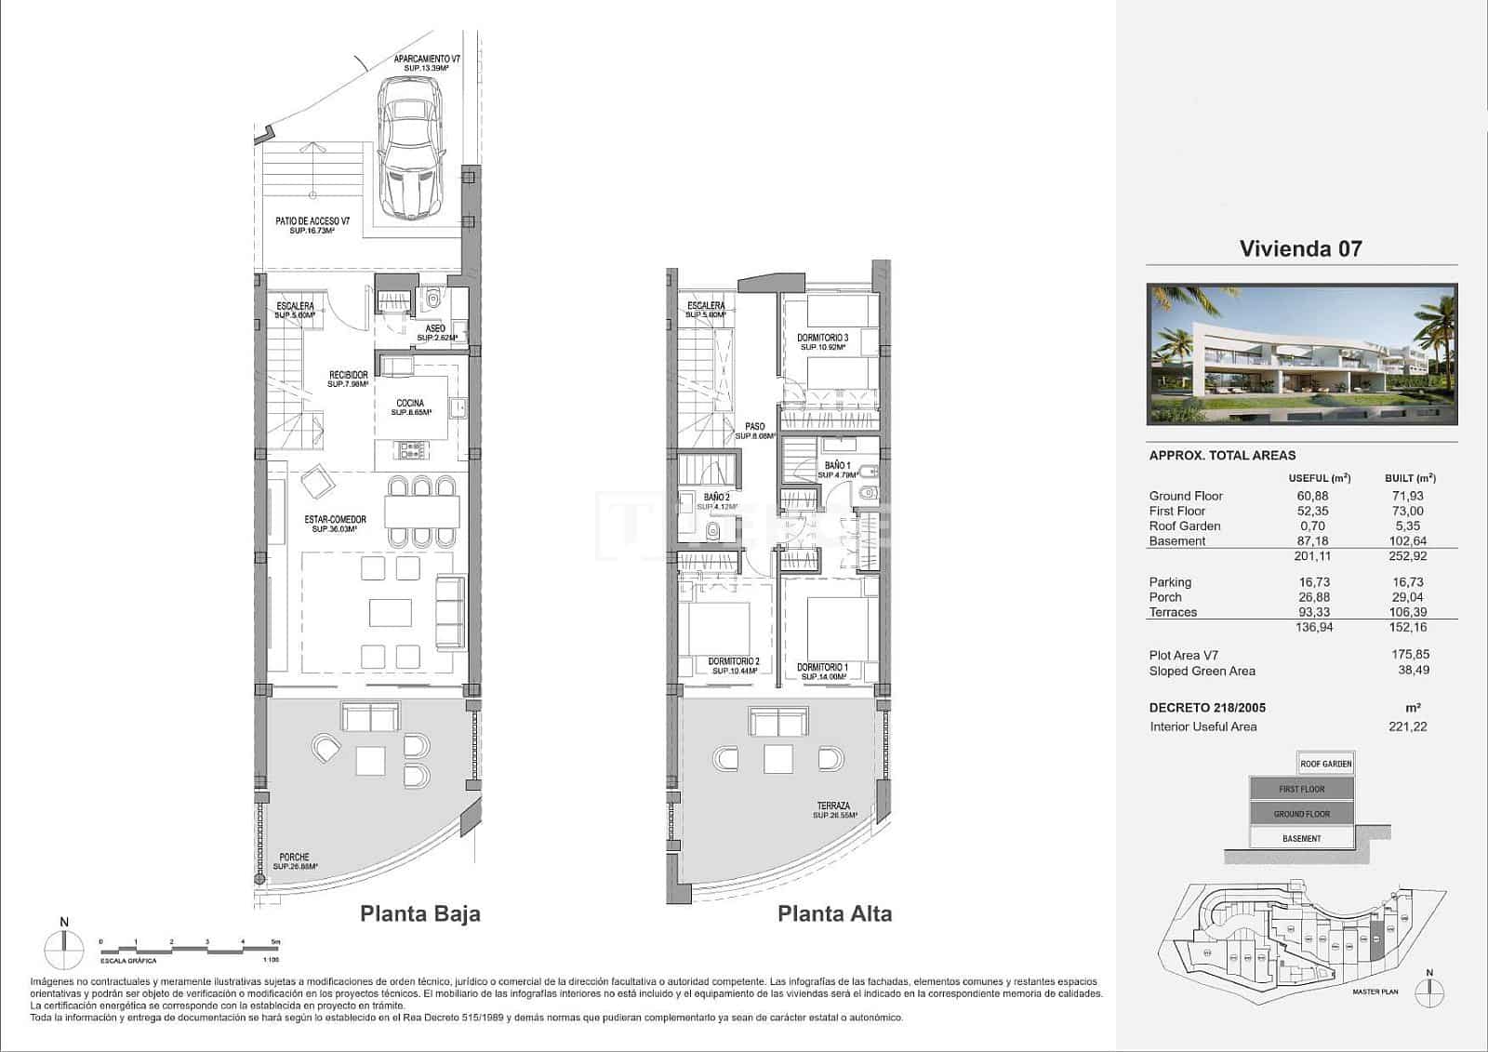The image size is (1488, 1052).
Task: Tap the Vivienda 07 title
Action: tap(1300, 248)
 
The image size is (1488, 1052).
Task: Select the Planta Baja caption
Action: tap(420, 913)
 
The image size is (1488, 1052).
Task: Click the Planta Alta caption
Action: tap(834, 913)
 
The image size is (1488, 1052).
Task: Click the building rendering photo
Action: tap(1301, 354)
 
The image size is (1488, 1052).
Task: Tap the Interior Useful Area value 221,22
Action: tap(1407, 726)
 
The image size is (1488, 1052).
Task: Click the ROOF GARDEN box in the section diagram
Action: tap(1325, 764)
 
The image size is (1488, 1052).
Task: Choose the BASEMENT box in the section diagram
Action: tap(1301, 838)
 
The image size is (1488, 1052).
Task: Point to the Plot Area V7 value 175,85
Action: tap(1410, 655)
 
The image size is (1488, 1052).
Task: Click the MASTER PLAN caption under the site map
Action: tap(1375, 992)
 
